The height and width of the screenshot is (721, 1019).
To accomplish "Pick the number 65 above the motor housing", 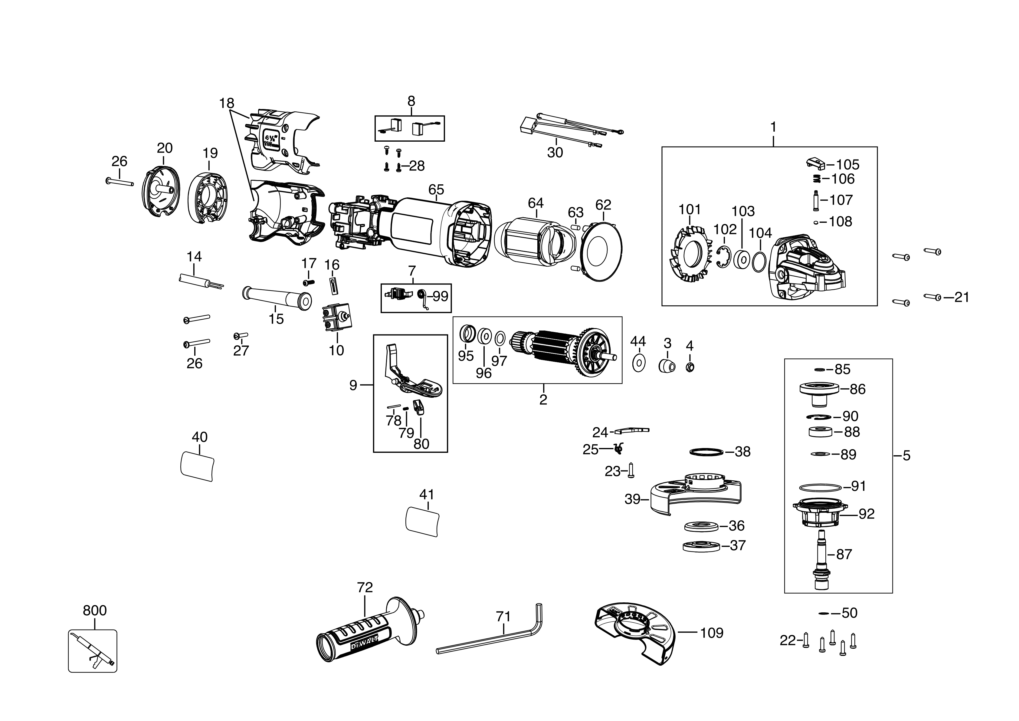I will pyautogui.click(x=436, y=189).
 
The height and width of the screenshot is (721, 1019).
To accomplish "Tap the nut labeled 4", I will pyautogui.click(x=690, y=367).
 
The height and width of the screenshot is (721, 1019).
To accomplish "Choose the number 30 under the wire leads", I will pyautogui.click(x=555, y=153).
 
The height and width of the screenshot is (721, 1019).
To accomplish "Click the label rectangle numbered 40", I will pyautogui.click(x=198, y=466).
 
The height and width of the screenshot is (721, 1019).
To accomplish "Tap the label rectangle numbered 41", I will pyautogui.click(x=422, y=521).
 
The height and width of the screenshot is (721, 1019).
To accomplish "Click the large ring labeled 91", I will pyautogui.click(x=820, y=487).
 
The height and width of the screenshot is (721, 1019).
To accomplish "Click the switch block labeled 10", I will pyautogui.click(x=336, y=318).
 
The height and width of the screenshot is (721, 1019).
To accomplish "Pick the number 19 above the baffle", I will pyautogui.click(x=210, y=153).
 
